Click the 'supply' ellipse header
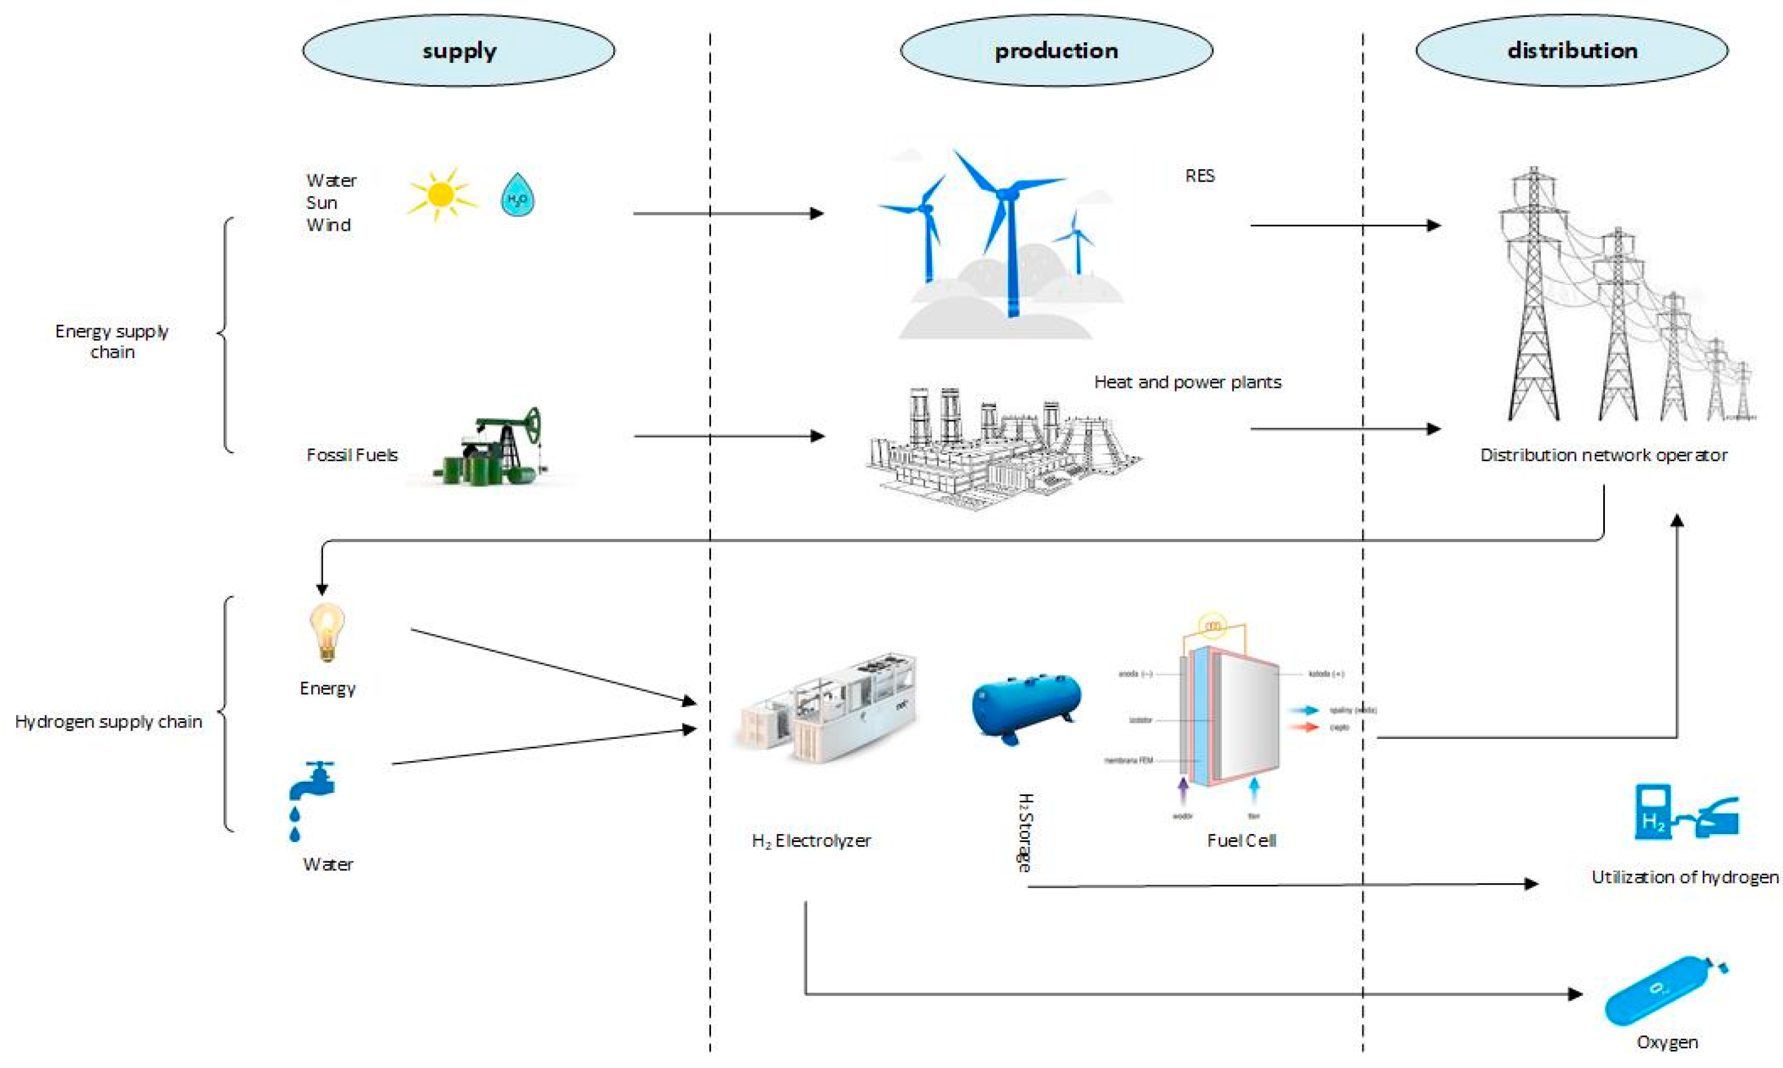coord(459,51)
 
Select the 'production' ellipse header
coord(1056,51)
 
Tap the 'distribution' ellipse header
coord(1572,51)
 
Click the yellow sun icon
coord(440,195)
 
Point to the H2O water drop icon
coord(517,195)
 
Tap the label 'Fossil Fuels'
coord(352,456)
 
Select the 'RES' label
coord(1199,176)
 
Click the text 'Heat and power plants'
coord(1187,383)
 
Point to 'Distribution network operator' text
coord(1603,456)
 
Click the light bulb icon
coord(327,632)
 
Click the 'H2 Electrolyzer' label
coord(811,841)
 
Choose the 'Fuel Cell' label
coord(1241,841)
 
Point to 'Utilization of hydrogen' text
coord(1685,878)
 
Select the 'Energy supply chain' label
coord(112,341)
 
